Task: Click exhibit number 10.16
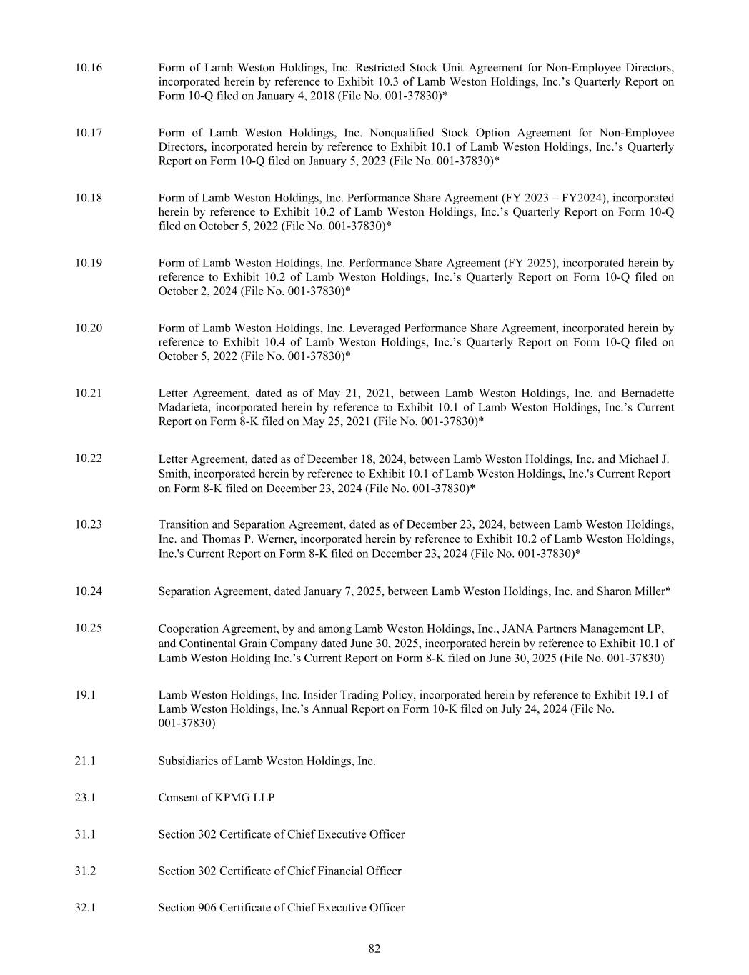[88, 68]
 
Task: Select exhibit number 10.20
[88, 328]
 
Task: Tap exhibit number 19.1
[84, 694]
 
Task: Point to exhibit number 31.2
[84, 871]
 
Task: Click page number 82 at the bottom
[374, 949]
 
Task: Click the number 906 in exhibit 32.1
[207, 907]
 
